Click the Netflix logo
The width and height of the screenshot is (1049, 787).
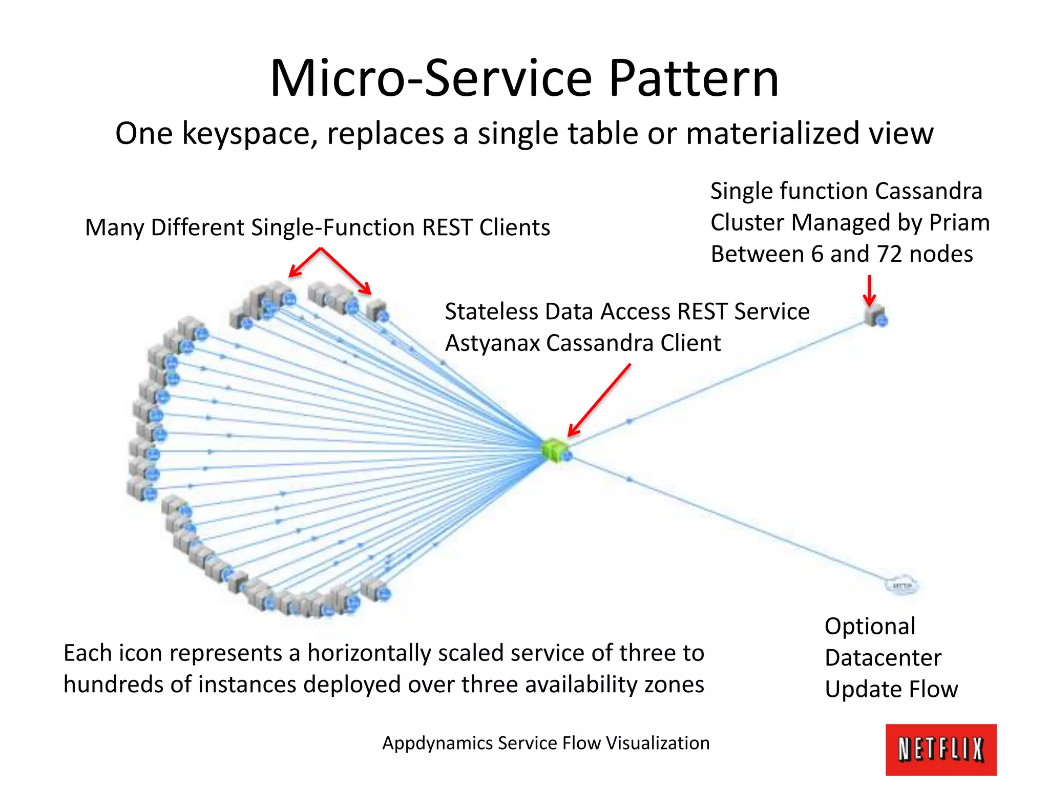(x=940, y=749)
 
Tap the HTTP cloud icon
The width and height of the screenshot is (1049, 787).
(x=902, y=586)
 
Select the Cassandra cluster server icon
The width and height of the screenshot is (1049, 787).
(x=875, y=315)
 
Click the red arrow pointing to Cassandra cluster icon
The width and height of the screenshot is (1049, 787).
(x=869, y=291)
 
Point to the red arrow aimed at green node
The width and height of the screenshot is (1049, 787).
(x=599, y=400)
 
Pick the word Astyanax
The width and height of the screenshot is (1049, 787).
(x=492, y=343)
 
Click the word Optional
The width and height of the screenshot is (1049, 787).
(x=870, y=627)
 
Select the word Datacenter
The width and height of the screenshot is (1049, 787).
(x=883, y=658)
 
